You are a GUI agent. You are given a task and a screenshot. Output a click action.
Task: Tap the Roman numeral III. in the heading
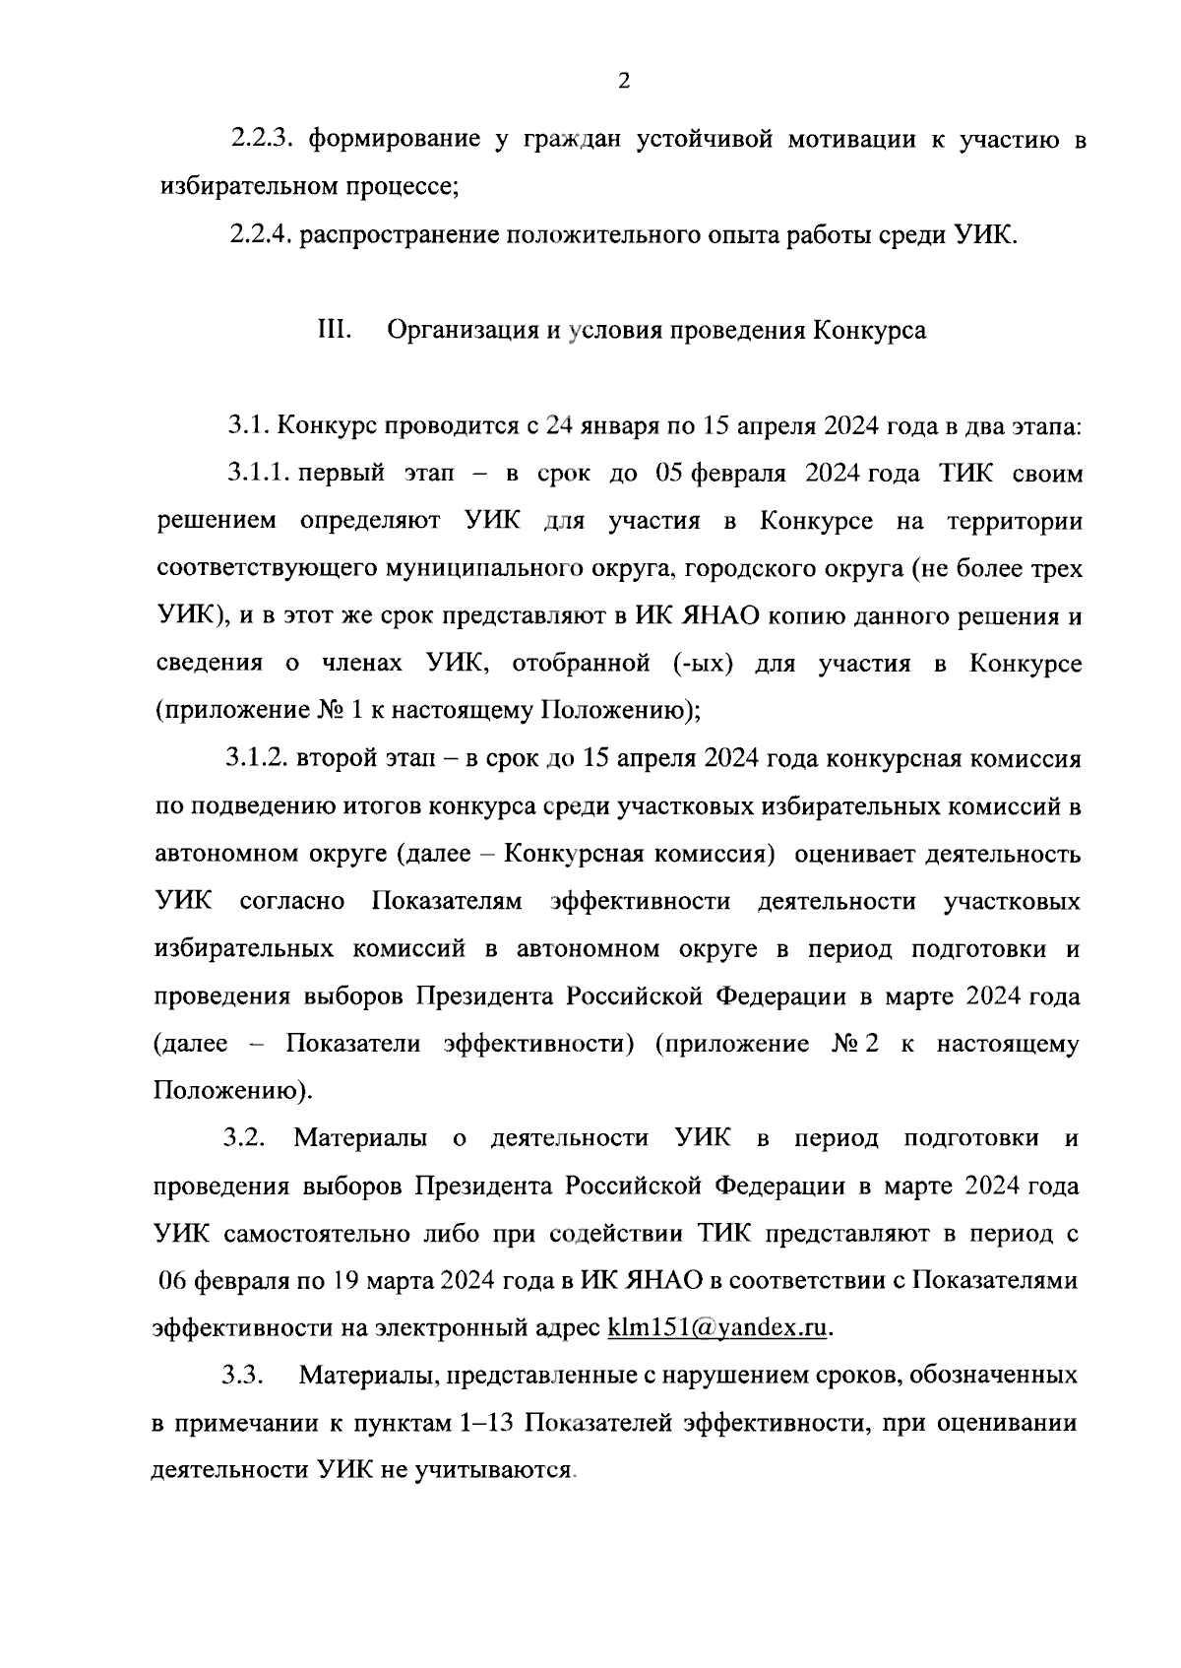tap(335, 330)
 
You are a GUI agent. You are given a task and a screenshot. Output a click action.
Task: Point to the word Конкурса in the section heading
tap(870, 330)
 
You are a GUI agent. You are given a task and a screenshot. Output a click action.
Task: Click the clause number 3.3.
tap(242, 1376)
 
